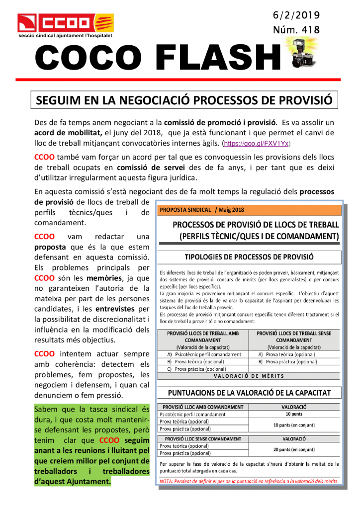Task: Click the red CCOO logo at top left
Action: tap(65, 22)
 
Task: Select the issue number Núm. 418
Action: tap(296, 30)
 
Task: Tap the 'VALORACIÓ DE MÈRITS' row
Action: tap(249, 376)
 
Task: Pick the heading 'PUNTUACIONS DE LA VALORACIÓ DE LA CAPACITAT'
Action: tap(249, 393)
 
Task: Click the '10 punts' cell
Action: tap(294, 414)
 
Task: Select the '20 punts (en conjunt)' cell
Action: tap(294, 449)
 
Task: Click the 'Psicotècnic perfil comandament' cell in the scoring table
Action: tap(192, 415)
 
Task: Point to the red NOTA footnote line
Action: tap(249, 481)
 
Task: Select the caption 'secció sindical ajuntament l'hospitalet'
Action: tap(65, 37)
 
